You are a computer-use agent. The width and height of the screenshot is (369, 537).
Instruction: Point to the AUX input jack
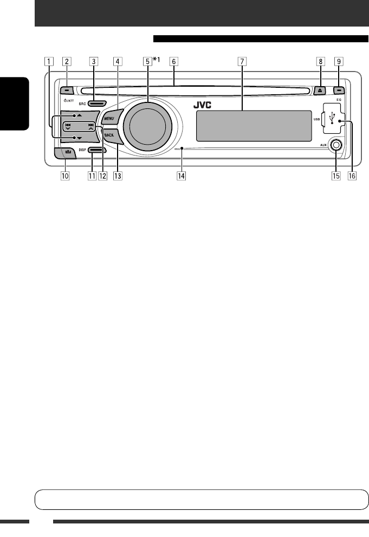[336, 145]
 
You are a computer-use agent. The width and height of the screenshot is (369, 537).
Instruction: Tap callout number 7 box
[241, 61]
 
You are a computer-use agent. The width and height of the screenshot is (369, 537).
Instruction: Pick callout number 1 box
[50, 61]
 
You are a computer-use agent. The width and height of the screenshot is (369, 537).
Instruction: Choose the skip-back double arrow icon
[68, 125]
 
